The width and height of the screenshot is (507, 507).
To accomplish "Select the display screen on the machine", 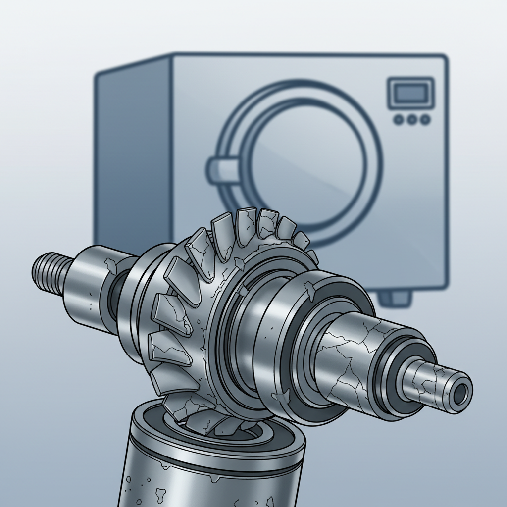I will [410, 92].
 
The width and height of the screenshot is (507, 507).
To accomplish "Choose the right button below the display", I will [424, 119].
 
